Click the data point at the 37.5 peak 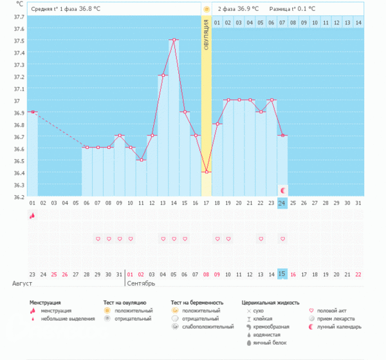pos(174,40)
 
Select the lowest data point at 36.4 pos(207,172)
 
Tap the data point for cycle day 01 pos(32,112)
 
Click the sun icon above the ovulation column pos(207,10)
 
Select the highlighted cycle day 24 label pos(282,203)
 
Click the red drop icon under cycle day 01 pos(32,216)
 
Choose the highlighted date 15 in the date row pos(282,274)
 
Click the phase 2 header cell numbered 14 pos(358,23)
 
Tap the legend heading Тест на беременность pos(197,302)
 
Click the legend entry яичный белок pos(268,342)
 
